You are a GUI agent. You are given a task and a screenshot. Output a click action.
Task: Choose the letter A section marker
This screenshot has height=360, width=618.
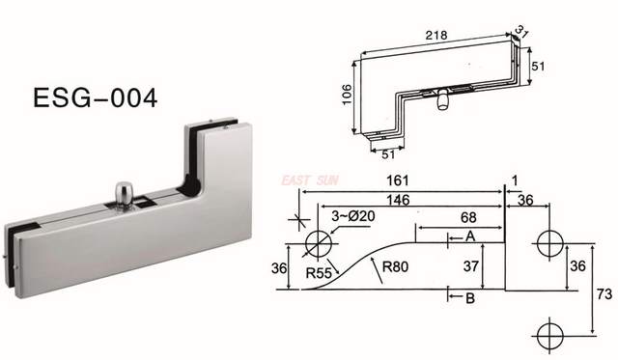469,235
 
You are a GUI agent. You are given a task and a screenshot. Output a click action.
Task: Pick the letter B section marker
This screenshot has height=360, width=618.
470,298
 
